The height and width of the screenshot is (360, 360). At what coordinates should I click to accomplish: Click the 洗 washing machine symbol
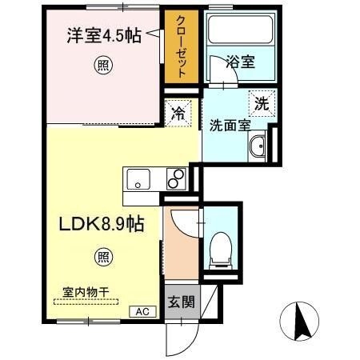point(262,102)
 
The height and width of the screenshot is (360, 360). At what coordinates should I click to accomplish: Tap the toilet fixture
point(218,250)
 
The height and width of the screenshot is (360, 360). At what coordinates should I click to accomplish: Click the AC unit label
point(142,311)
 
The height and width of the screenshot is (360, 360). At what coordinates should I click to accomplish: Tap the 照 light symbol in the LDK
point(104,257)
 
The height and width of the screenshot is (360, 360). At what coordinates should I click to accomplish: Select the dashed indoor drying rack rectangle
point(86,302)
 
